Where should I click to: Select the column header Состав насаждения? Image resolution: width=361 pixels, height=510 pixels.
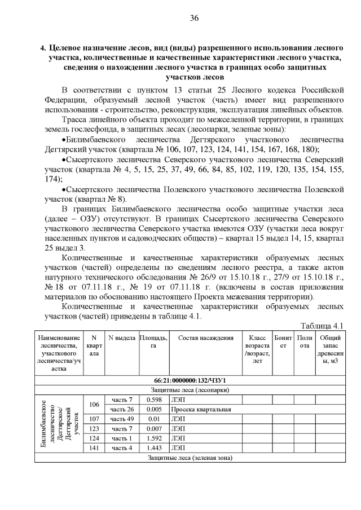(x=205, y=338)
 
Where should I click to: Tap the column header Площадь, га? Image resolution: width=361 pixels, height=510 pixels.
(x=153, y=342)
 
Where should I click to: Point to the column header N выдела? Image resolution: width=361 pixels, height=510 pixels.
(x=122, y=338)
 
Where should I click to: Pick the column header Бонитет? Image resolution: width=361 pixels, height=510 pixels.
(x=284, y=342)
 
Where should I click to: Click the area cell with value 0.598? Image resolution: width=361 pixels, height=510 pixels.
(x=153, y=400)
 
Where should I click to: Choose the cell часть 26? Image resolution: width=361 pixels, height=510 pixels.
(x=122, y=409)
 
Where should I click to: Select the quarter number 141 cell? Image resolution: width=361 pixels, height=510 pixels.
(x=94, y=447)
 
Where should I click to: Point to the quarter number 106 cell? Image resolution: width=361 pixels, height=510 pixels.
(x=94, y=404)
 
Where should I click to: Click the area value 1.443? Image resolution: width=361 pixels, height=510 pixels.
(x=153, y=447)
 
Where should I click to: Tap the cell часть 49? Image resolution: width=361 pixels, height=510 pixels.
(x=122, y=419)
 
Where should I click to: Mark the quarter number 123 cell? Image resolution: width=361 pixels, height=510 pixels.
(x=94, y=428)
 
